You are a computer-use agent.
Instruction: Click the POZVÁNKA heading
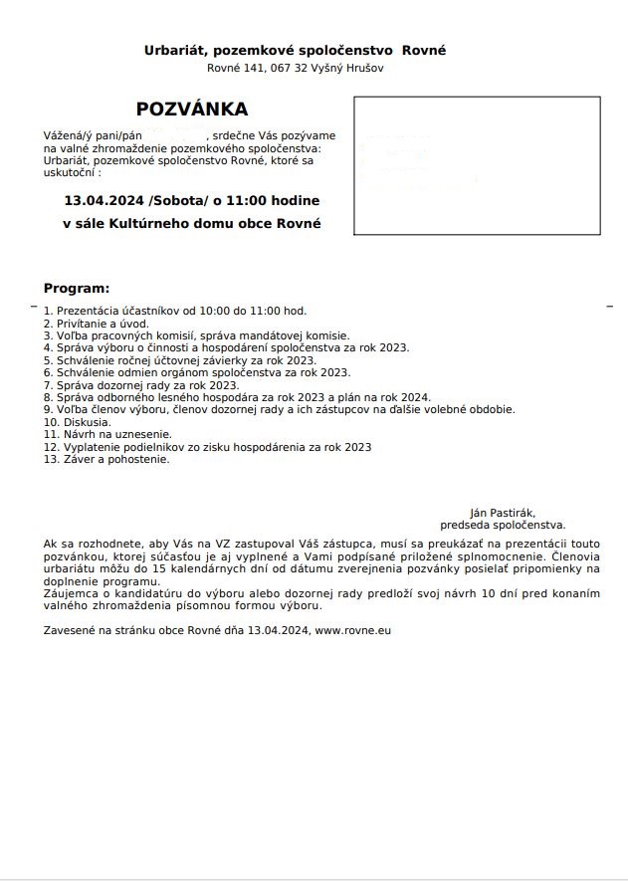tap(192, 110)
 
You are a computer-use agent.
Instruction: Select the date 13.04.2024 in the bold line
tap(104, 200)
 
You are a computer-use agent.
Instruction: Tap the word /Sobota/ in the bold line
tap(174, 200)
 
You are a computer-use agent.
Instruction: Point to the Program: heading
tap(76, 289)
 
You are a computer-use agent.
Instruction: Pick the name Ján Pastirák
tap(503, 512)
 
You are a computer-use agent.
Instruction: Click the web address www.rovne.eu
tap(353, 631)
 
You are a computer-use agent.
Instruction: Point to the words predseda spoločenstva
tap(503, 524)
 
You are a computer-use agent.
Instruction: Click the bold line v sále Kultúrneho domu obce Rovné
tap(192, 224)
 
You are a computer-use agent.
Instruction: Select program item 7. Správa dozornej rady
tap(141, 384)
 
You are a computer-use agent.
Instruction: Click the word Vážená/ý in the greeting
tap(68, 134)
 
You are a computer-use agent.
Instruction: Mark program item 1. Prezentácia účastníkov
tap(174, 311)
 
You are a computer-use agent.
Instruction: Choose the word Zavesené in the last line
tap(70, 631)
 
